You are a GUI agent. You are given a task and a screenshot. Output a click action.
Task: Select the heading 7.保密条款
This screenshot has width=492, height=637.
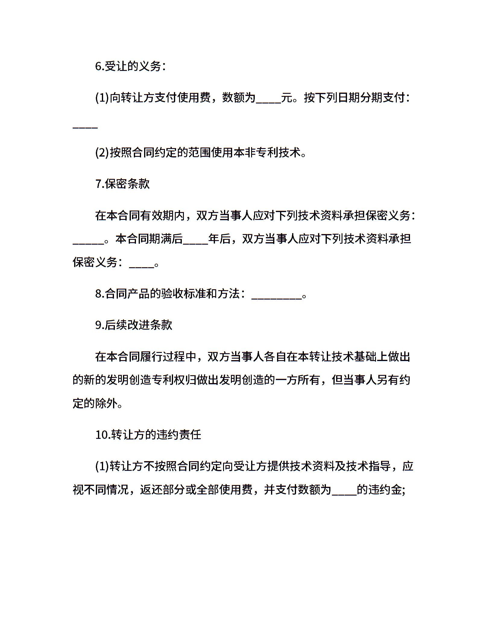[122, 184]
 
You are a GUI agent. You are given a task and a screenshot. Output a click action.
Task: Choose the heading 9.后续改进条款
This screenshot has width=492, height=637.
[134, 325]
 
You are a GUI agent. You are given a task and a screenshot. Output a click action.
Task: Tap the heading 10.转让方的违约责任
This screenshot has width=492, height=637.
[148, 435]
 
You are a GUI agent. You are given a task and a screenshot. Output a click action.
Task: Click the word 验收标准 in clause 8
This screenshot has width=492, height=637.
[183, 293]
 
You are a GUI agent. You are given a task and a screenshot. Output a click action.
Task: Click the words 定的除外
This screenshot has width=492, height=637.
[95, 403]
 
